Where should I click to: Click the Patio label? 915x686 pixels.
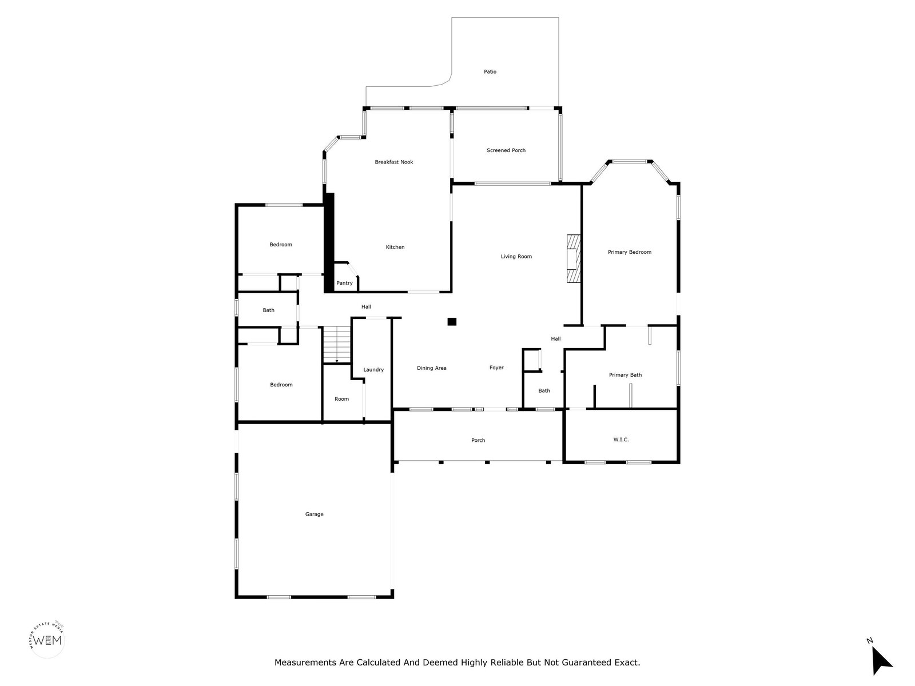click(x=490, y=71)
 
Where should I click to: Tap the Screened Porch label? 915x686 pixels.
click(x=506, y=150)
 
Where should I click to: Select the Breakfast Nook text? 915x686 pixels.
click(x=393, y=162)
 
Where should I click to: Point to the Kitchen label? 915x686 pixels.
click(x=395, y=247)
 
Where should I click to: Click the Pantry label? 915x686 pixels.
click(x=344, y=283)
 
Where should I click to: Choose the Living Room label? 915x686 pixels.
click(x=516, y=257)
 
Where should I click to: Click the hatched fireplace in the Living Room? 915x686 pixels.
click(x=574, y=258)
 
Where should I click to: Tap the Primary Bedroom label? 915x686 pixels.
click(x=630, y=252)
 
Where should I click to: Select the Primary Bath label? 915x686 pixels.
click(x=625, y=375)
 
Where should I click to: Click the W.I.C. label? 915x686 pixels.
click(x=621, y=440)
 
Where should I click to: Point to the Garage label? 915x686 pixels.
click(x=314, y=514)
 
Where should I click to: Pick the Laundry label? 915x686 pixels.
click(x=373, y=370)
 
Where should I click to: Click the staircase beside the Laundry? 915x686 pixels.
click(x=337, y=345)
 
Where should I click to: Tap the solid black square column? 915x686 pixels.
click(x=452, y=321)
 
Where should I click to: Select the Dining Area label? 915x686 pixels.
click(x=431, y=368)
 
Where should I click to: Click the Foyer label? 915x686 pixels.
click(x=496, y=368)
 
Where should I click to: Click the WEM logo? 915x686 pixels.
click(x=47, y=640)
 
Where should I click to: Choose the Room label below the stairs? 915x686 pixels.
click(x=341, y=399)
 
